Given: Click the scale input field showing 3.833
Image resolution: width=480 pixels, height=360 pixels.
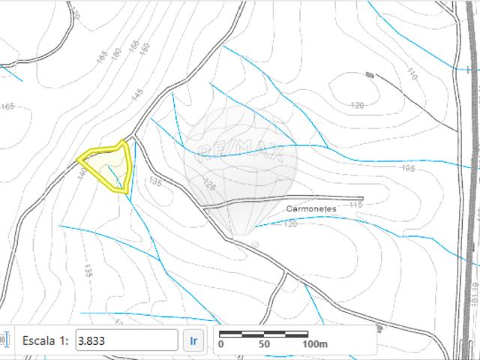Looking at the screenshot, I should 127,340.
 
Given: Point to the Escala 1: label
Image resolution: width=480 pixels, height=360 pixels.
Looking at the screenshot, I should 46,340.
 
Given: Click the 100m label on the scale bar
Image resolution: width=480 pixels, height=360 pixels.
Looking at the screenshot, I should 316,344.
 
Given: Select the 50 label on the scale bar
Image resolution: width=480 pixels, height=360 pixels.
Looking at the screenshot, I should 263,344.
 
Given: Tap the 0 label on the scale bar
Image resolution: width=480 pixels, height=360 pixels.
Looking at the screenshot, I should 220,344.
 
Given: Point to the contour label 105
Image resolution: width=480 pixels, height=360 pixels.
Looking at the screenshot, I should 408,168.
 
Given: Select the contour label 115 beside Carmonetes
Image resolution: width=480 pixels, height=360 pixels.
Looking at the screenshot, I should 355,204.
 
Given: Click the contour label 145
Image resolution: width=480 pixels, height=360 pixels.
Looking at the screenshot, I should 136,95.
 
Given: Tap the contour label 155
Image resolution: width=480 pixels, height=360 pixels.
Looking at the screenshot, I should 133,46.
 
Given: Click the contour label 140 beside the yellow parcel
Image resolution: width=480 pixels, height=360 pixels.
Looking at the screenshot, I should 81,173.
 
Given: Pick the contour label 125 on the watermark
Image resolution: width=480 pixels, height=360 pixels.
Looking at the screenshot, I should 208,184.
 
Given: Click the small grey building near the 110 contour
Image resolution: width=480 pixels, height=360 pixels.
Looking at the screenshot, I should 369,74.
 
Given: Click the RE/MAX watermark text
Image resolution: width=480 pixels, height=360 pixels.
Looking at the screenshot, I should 240,153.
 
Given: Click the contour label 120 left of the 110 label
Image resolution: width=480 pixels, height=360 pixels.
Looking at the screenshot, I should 357,105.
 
